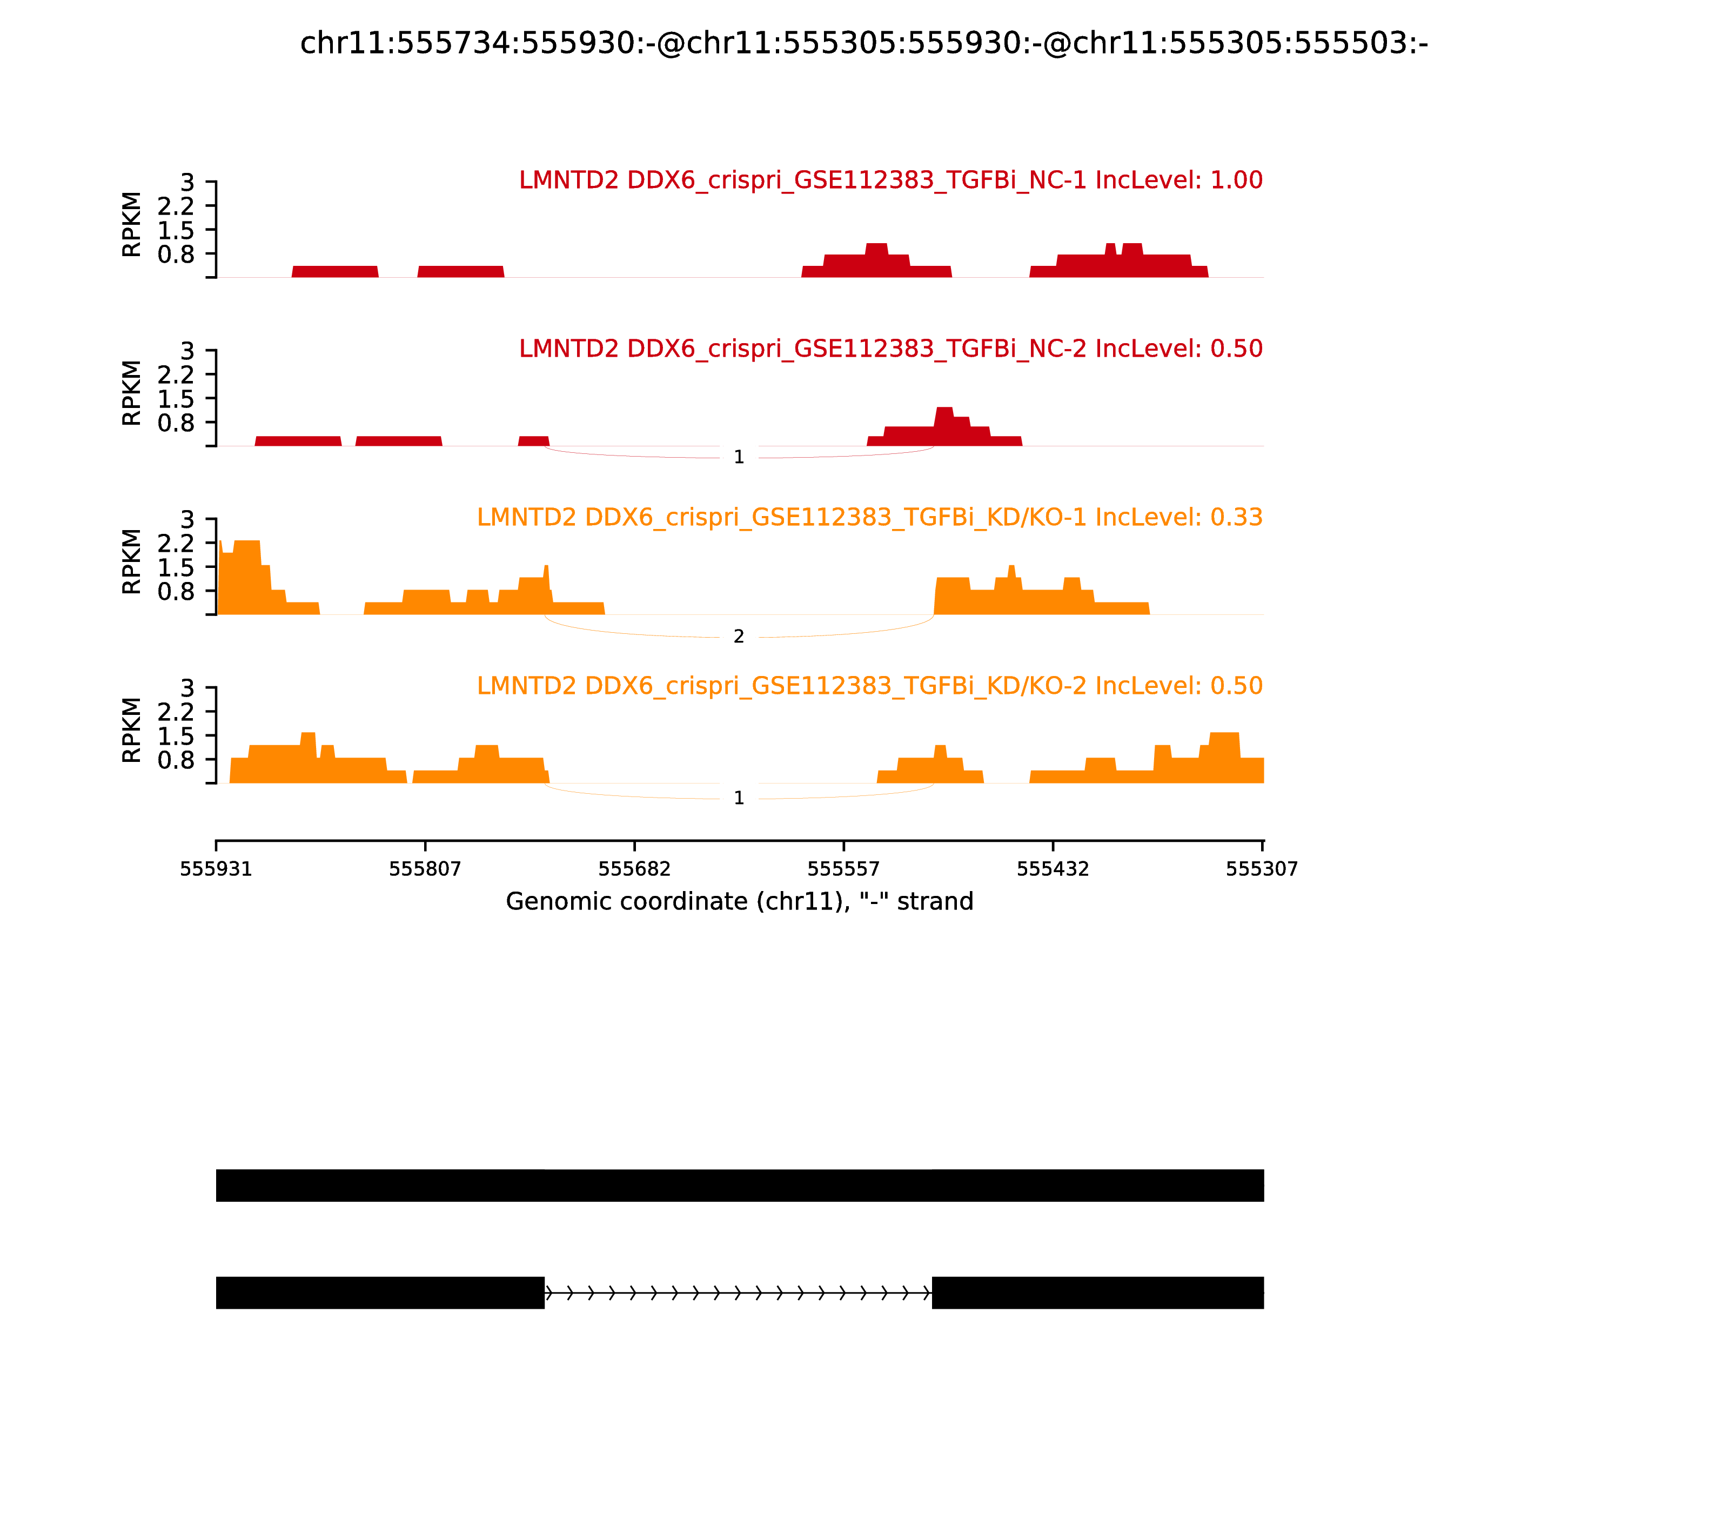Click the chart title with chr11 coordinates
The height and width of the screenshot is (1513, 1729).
(x=863, y=43)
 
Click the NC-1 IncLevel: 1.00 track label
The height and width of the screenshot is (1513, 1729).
(x=890, y=180)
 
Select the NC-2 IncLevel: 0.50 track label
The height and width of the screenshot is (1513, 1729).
(x=890, y=348)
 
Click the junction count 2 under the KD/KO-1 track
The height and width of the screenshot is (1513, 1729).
(x=739, y=637)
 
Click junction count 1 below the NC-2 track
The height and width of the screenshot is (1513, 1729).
(x=739, y=457)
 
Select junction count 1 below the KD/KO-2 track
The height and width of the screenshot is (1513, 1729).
(x=739, y=798)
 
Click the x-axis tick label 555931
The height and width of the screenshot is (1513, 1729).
(x=216, y=869)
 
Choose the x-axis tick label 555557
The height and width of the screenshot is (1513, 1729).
(x=843, y=869)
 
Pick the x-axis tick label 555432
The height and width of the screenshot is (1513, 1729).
(x=1053, y=869)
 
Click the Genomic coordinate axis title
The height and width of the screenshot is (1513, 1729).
(x=740, y=902)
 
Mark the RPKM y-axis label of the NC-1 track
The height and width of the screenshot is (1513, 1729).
(x=132, y=225)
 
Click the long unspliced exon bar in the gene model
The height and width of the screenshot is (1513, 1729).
(x=740, y=1186)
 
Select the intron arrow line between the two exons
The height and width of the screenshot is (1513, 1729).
(x=738, y=1293)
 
